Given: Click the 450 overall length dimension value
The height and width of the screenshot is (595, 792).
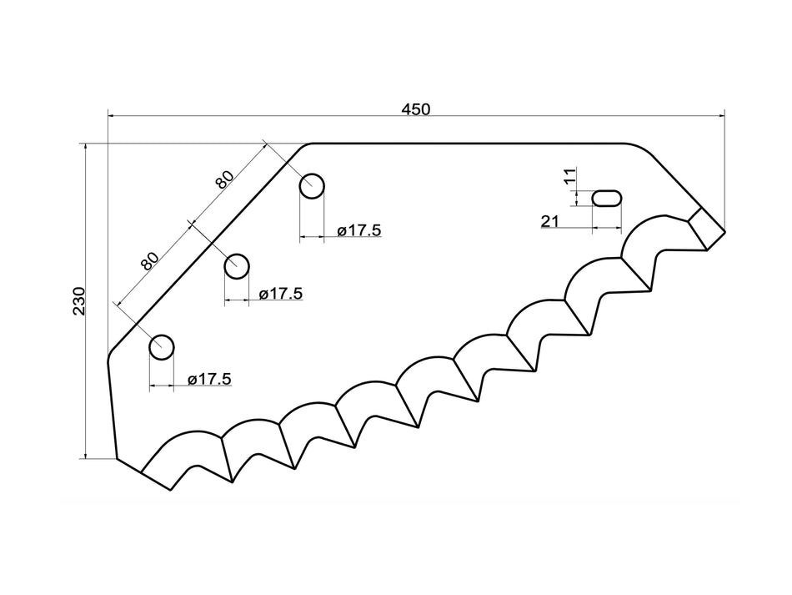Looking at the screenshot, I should [x=415, y=109].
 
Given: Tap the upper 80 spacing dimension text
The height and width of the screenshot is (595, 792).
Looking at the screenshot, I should [x=224, y=178].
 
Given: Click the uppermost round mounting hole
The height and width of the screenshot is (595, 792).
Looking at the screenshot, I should [x=313, y=186].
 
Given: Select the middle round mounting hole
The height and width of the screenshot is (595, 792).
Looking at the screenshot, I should [x=237, y=266].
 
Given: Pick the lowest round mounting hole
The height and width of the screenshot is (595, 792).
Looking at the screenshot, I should [x=162, y=346].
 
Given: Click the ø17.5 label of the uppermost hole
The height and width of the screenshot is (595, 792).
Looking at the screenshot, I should [x=359, y=230].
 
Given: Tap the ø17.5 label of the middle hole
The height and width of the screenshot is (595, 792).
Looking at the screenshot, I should [x=280, y=294].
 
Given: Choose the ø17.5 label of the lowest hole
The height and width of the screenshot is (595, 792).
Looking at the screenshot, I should [x=209, y=379].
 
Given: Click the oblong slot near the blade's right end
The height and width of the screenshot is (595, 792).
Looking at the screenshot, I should [x=606, y=198].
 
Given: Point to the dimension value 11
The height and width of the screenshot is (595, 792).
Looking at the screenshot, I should [x=569, y=176].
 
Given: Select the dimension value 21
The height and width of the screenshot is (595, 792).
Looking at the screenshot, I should [x=549, y=220].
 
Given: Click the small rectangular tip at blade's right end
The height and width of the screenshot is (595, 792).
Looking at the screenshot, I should [x=706, y=228].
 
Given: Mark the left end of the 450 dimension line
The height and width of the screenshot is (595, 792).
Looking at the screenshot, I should [x=108, y=117].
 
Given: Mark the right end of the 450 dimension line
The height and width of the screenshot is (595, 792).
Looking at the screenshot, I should [x=724, y=117].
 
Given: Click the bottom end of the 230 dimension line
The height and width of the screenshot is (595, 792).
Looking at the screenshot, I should [x=86, y=458].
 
